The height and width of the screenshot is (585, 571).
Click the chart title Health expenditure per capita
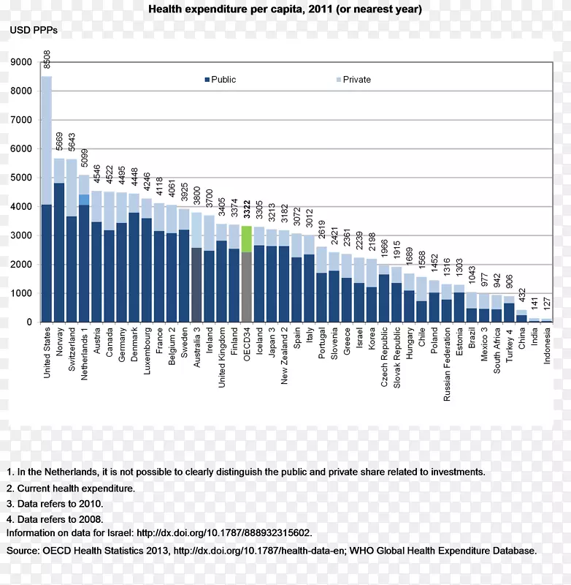click(285, 10)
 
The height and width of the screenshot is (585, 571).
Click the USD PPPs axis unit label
click(33, 31)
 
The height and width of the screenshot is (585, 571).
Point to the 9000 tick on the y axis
click(21, 62)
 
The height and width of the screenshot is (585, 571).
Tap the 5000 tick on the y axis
click(21, 178)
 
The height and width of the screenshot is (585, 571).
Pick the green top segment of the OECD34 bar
click(246, 239)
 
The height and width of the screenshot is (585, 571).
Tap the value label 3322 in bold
click(247, 211)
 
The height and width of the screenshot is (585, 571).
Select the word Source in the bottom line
click(23, 550)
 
